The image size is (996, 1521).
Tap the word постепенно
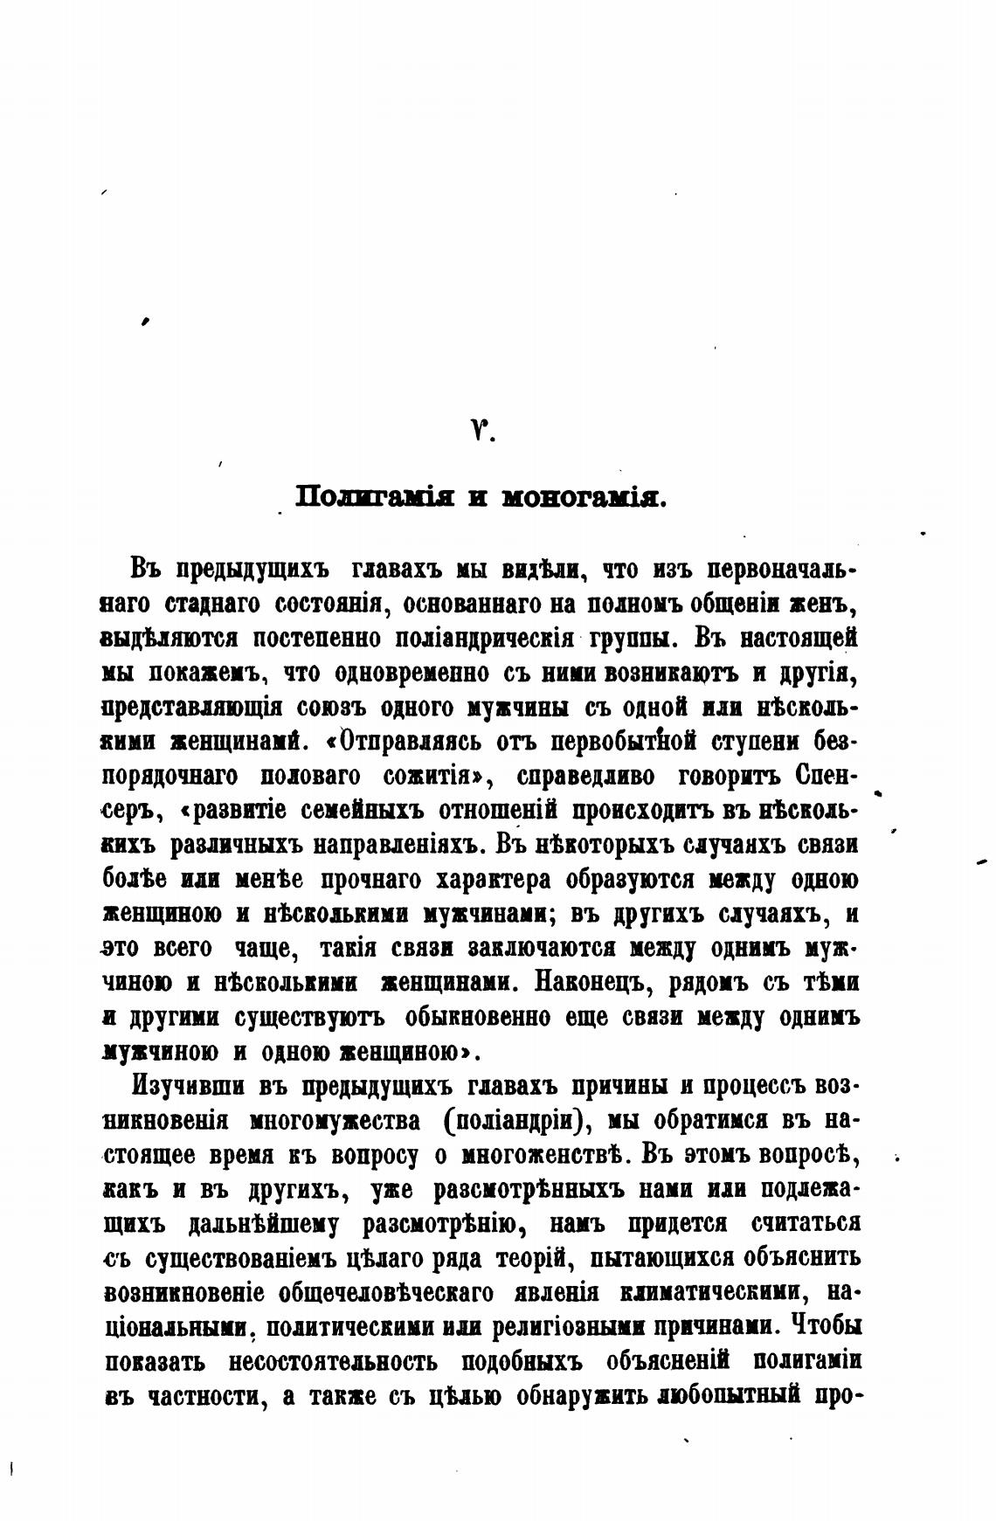(x=313, y=638)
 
